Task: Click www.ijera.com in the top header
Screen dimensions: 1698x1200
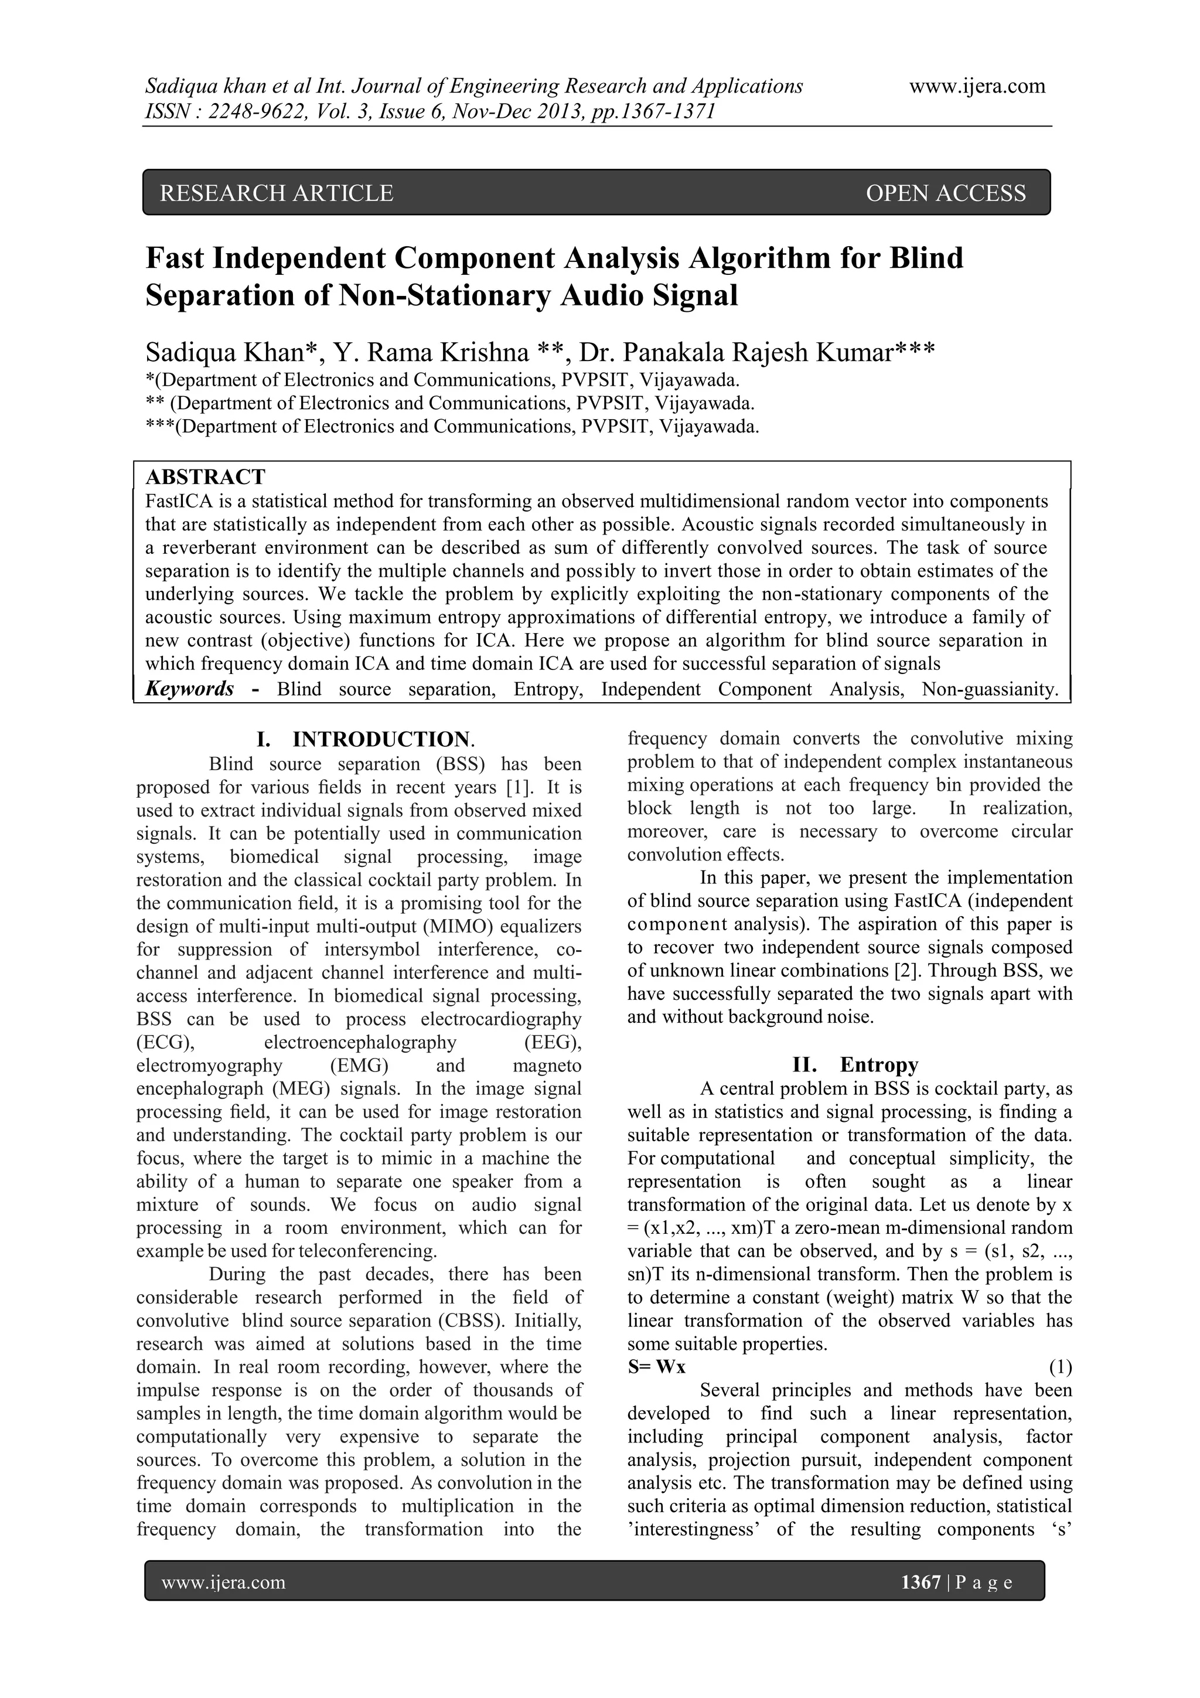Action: (x=977, y=87)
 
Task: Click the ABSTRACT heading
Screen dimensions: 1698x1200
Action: (x=206, y=477)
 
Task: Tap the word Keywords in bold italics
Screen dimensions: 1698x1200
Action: (x=190, y=689)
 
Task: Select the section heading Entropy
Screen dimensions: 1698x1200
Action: (x=878, y=1064)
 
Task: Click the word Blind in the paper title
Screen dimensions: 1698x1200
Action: (x=926, y=258)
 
